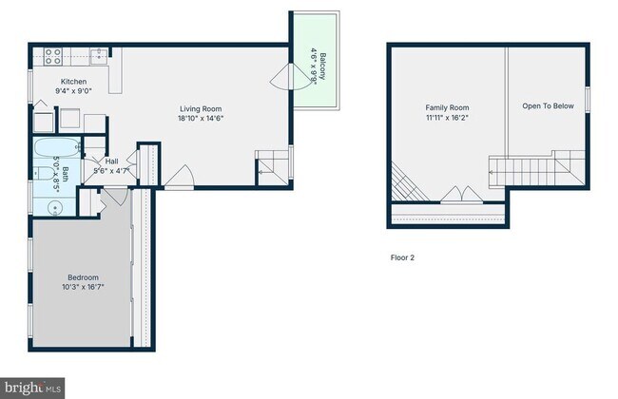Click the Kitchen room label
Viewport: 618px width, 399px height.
[x=74, y=82]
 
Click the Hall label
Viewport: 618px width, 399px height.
[x=111, y=162]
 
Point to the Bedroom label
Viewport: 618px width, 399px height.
[x=83, y=277]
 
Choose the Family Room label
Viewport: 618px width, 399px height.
[x=447, y=108]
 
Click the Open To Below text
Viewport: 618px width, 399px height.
[x=548, y=106]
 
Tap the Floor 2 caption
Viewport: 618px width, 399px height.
[x=403, y=257]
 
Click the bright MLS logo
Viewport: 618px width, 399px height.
[x=34, y=388]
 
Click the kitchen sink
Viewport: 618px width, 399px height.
[x=97, y=53]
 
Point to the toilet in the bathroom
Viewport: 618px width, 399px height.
[x=44, y=173]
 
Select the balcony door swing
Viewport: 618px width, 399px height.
[x=282, y=77]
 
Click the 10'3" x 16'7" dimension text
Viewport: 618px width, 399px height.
[x=83, y=287]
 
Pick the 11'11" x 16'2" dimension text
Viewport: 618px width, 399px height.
[x=447, y=118]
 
